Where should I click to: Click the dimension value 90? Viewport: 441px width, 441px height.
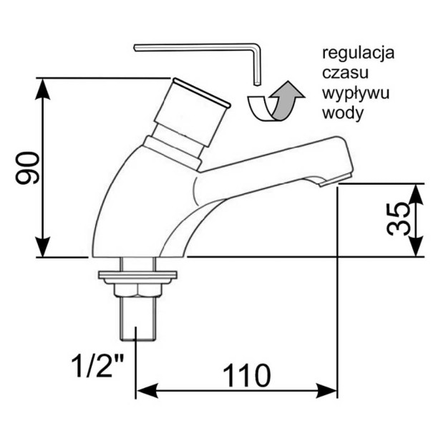(27, 168)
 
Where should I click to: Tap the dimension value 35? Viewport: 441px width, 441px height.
(397, 218)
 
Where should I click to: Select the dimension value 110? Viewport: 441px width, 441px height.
(247, 375)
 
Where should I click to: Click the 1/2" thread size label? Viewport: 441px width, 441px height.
(97, 366)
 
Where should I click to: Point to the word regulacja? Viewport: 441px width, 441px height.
(358, 53)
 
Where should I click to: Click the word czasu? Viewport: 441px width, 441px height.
(345, 73)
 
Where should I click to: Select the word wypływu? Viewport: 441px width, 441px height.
(356, 94)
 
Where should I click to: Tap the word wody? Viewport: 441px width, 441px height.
(343, 113)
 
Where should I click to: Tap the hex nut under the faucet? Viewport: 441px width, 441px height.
(137, 290)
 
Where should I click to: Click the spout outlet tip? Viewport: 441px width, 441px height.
(335, 180)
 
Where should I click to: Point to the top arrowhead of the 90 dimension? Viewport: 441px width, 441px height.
(42, 88)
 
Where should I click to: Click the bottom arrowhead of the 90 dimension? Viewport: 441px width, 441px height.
(42, 247)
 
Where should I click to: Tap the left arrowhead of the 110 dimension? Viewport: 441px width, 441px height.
(147, 391)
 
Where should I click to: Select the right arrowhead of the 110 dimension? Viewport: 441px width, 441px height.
(326, 391)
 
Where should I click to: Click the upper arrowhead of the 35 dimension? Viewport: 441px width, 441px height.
(416, 193)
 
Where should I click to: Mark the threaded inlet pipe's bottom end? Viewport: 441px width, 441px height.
(137, 340)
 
